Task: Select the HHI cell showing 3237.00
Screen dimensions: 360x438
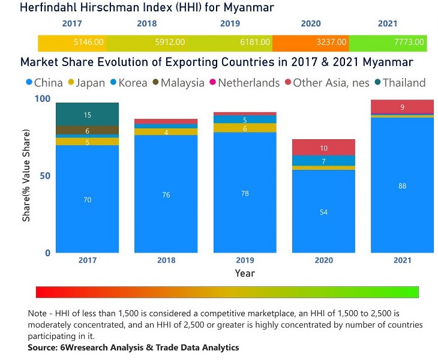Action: click(332, 43)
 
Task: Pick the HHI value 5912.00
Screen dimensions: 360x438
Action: click(171, 43)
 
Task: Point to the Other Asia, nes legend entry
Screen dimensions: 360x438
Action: click(326, 83)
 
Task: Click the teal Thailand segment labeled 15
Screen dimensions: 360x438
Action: click(88, 115)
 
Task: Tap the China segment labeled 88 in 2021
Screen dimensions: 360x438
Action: click(402, 186)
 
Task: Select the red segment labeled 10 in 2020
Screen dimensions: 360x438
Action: click(323, 148)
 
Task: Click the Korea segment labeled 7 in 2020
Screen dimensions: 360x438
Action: click(323, 161)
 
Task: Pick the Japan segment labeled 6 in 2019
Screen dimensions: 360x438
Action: click(245, 128)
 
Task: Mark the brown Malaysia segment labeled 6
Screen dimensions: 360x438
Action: click(88, 130)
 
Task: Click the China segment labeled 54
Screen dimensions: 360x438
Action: click(323, 212)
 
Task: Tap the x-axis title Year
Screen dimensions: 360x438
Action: click(245, 274)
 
